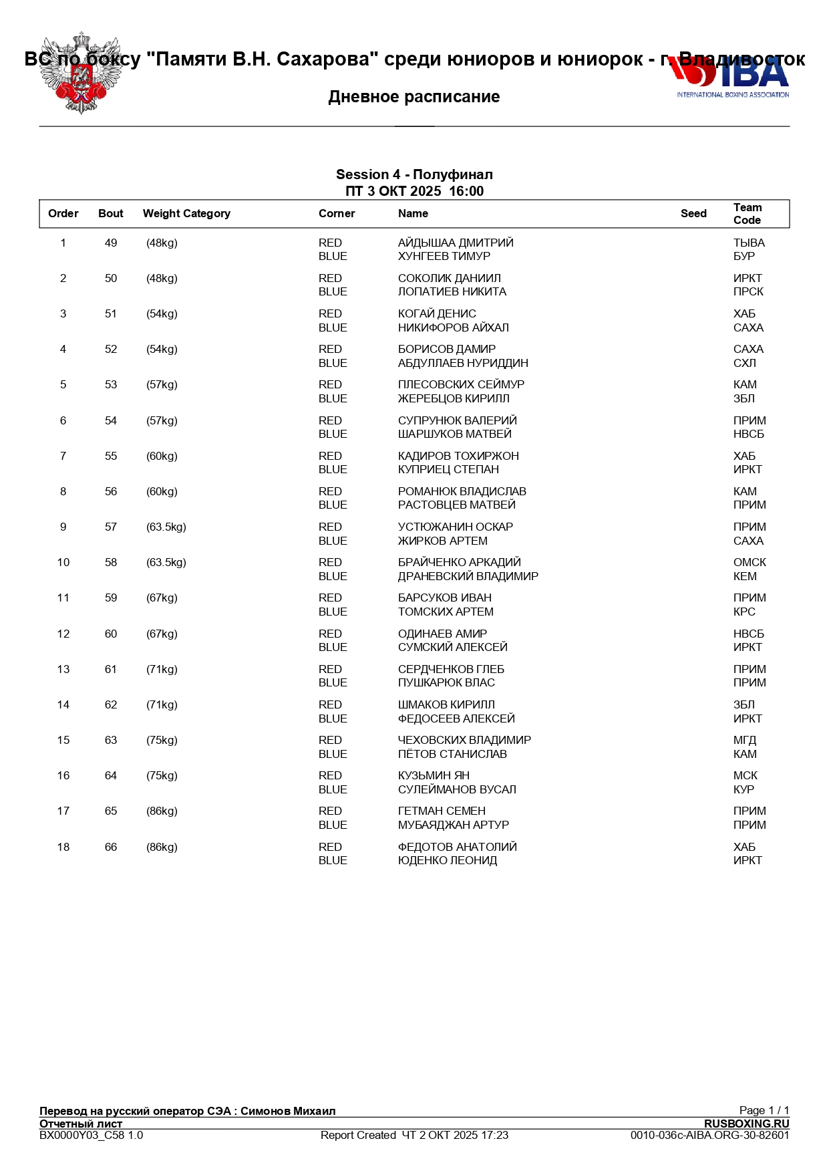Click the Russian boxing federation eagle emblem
click(x=81, y=74)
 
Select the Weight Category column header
click(x=186, y=214)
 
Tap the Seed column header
click(x=693, y=214)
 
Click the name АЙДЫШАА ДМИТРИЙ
click(x=456, y=243)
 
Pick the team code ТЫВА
click(x=749, y=243)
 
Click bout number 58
click(x=111, y=563)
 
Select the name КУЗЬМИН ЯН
click(x=434, y=776)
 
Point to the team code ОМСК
click(x=750, y=563)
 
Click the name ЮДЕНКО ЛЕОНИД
click(x=448, y=861)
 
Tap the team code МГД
click(x=745, y=741)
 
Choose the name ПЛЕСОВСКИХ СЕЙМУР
click(x=461, y=385)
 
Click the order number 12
click(x=63, y=634)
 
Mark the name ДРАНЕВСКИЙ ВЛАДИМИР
click(x=468, y=577)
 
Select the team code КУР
click(x=743, y=790)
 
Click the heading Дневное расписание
click(x=414, y=97)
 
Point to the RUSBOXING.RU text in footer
click(x=746, y=1124)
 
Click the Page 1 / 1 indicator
click(x=764, y=1111)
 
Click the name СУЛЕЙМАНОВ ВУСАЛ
click(x=457, y=790)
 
